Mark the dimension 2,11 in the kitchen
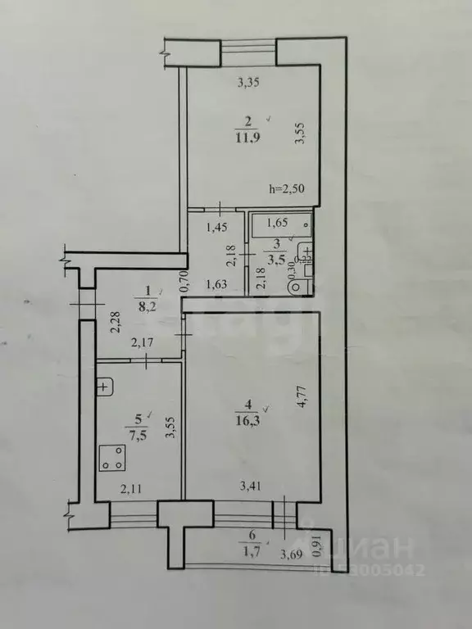point(131,490)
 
